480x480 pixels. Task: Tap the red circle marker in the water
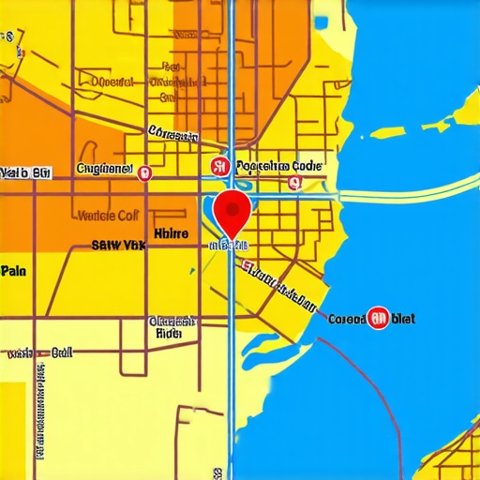click(x=379, y=319)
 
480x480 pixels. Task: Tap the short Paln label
click(x=13, y=271)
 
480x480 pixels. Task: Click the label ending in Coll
click(x=106, y=215)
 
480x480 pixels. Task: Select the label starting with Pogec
click(x=279, y=166)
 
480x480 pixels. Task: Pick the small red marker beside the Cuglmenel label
click(x=143, y=172)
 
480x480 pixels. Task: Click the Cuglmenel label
click(x=104, y=169)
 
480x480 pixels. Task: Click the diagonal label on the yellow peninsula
click(x=278, y=286)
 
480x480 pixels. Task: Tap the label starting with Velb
click(x=25, y=172)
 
